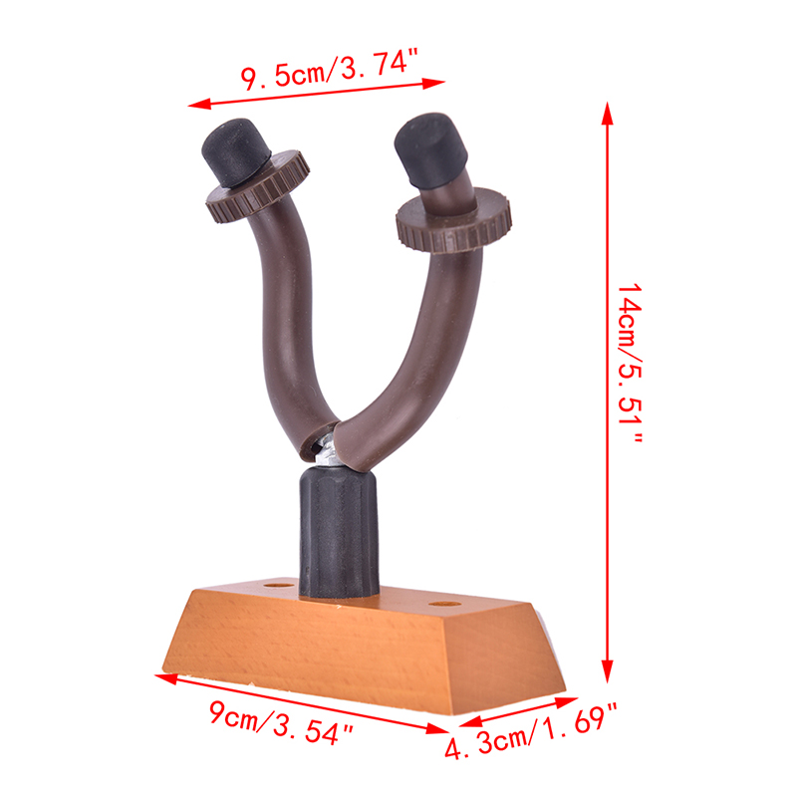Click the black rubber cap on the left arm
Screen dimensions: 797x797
[236, 151]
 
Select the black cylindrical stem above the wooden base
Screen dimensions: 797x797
[339, 532]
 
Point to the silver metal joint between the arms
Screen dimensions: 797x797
[327, 449]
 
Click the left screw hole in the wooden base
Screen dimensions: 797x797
[279, 586]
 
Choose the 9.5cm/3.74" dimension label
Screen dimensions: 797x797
[329, 69]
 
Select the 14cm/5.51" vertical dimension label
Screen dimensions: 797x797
[630, 363]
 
